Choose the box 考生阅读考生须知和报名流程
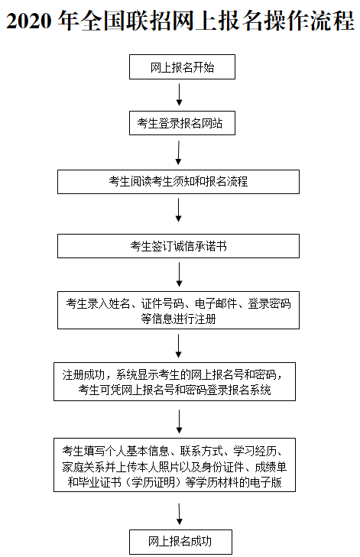[x=179, y=181]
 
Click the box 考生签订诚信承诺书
[x=179, y=246]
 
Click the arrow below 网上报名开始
[x=179, y=95]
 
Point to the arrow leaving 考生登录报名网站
[x=179, y=151]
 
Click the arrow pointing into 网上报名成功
[x=179, y=514]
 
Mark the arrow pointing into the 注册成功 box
[x=179, y=345]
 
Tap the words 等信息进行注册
[x=179, y=319]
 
